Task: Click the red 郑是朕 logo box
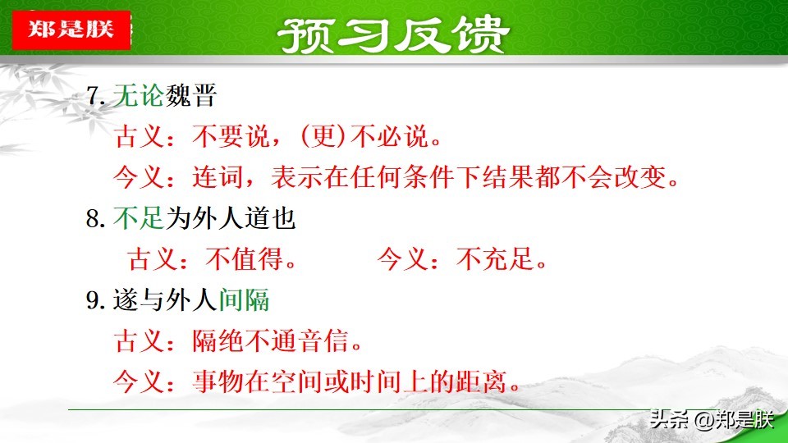tap(71, 30)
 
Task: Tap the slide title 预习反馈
tap(393, 34)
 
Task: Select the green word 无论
tap(139, 95)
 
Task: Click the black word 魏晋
tap(190, 95)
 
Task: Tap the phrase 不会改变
tap(614, 177)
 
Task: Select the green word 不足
tap(139, 218)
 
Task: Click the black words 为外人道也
tap(230, 218)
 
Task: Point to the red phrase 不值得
tap(244, 259)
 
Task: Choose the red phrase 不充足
tap(495, 259)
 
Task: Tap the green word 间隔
tap(244, 300)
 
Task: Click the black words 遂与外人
tap(165, 300)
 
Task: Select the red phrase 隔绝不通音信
tap(270, 341)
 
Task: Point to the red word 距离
tap(480, 382)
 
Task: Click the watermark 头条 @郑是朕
tap(712, 419)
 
